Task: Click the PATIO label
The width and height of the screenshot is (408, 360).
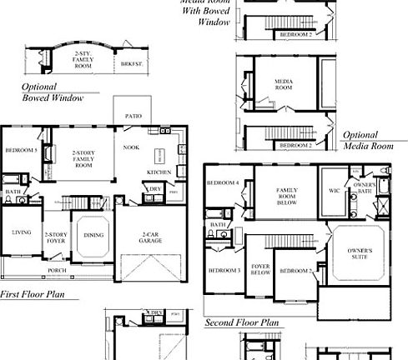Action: point(133,116)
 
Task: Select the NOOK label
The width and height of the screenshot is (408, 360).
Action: point(131,147)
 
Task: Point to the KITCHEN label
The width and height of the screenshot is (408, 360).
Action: point(159,172)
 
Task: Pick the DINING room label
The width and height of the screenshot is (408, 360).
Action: point(93,235)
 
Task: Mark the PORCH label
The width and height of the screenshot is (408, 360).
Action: point(57,270)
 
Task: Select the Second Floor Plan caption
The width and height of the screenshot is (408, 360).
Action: point(242,322)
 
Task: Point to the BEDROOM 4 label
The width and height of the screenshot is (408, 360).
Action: point(223,182)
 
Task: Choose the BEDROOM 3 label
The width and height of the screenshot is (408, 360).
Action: point(224,271)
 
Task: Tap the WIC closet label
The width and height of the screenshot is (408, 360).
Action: point(334,191)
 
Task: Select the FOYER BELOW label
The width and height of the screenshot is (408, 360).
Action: point(260,269)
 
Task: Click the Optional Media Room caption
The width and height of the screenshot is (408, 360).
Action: point(368,140)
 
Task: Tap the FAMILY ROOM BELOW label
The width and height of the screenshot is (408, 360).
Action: point(287,196)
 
